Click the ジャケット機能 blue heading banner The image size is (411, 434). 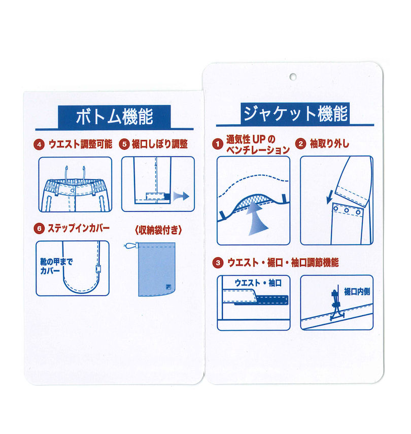coord(295,113)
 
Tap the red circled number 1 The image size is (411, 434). coord(217,144)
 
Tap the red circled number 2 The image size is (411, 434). coord(300,144)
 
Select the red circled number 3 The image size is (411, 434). coord(218,263)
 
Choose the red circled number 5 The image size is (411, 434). coord(124,144)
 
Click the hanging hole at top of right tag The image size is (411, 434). coord(293,77)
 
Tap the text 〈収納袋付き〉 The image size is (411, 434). coord(157,229)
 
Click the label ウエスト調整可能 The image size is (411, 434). coord(80,144)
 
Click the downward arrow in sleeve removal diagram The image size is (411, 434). coord(328,196)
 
